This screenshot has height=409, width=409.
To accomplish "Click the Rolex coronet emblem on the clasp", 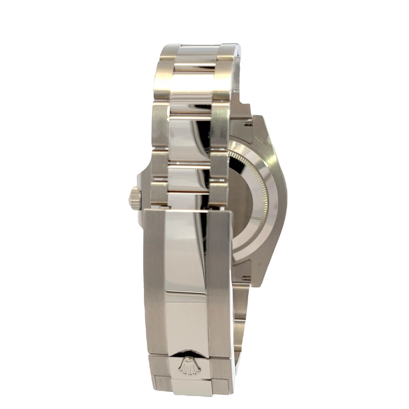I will click(x=189, y=364).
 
